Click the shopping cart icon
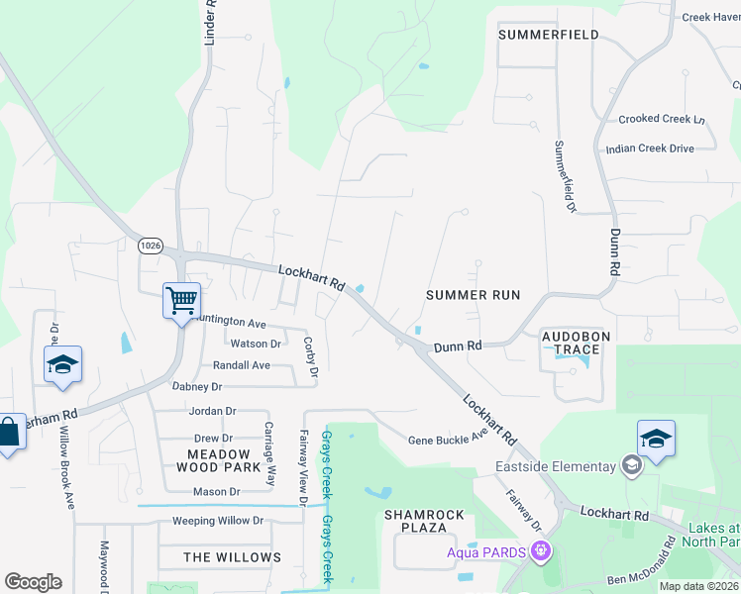(x=181, y=299)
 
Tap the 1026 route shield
(x=151, y=246)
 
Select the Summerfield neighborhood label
(x=548, y=35)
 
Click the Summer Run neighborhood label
(x=473, y=295)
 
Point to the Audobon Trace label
(x=571, y=343)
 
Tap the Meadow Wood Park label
(x=218, y=460)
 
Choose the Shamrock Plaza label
(x=424, y=522)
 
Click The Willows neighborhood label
(x=233, y=557)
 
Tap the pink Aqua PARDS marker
(x=540, y=549)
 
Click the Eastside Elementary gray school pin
(x=630, y=465)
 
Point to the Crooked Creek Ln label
(x=661, y=119)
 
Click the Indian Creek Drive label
(x=650, y=148)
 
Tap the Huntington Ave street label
(x=230, y=323)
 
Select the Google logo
(x=33, y=582)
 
